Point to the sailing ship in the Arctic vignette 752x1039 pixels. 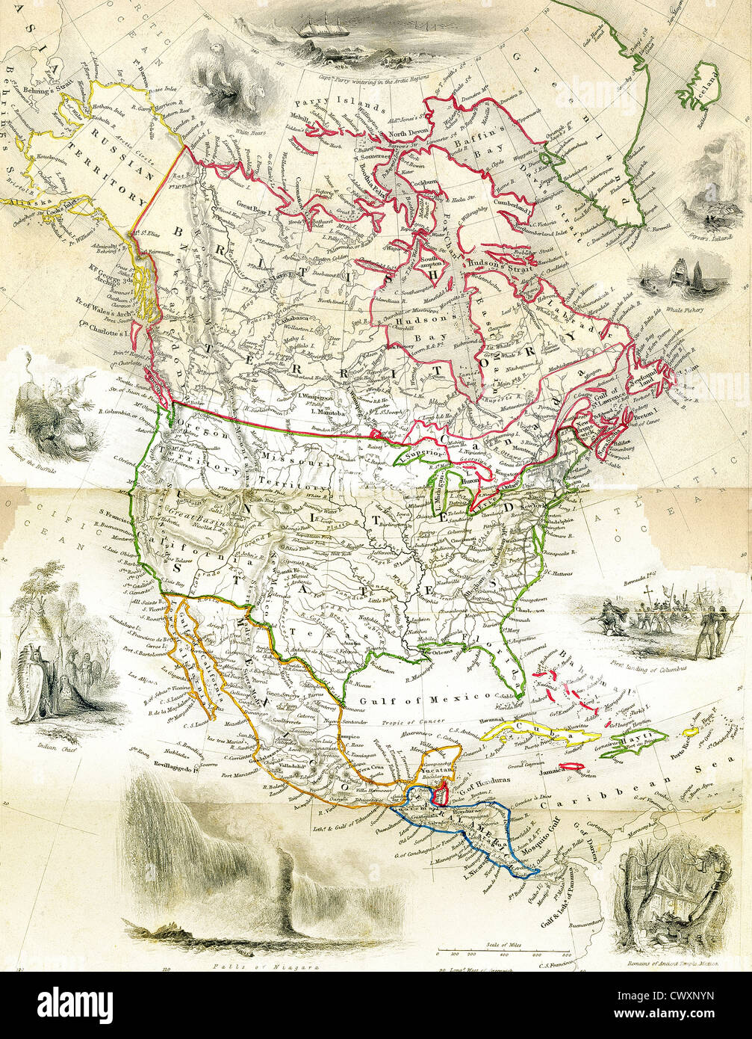(323, 28)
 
